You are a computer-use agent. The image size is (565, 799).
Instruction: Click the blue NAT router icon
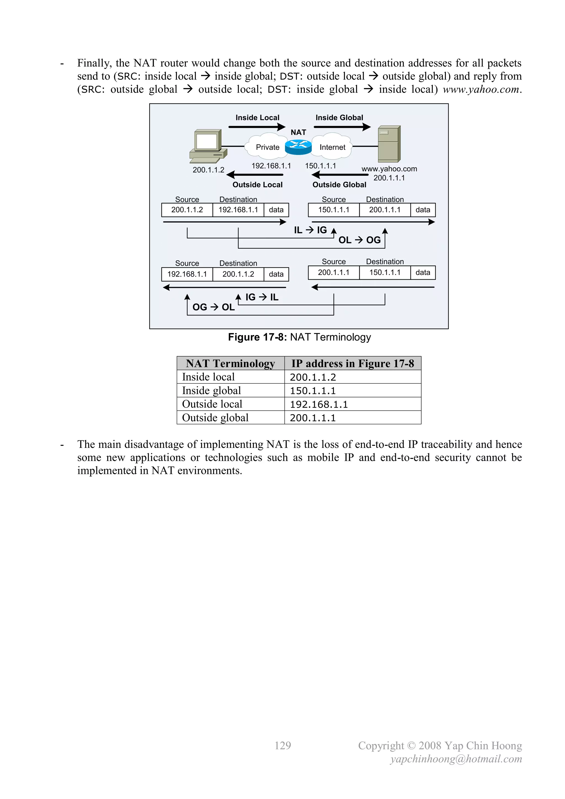pos(298,147)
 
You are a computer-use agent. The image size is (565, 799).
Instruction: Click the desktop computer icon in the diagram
pos(208,146)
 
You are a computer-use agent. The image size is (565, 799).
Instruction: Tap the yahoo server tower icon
pos(389,144)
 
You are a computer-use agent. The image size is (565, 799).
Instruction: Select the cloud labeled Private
pos(267,147)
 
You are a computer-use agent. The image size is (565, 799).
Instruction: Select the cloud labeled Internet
pos(332,147)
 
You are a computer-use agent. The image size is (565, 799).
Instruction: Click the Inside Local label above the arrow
pos(257,118)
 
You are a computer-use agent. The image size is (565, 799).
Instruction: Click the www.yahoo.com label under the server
pos(389,169)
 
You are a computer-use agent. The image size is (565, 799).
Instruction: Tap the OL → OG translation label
pos(359,240)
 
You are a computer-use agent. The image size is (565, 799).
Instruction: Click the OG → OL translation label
pos(213,307)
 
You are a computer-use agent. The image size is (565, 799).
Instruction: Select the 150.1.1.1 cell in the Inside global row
pos(313,391)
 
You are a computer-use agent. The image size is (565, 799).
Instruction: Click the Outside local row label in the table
pos(212,404)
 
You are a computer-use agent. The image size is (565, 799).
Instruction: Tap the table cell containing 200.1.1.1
pos(313,418)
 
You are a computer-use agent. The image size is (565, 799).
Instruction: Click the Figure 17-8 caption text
pos(299,337)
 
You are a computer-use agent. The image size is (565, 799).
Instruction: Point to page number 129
pos(282,745)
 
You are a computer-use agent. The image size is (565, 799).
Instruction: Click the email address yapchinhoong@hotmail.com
pos(456,759)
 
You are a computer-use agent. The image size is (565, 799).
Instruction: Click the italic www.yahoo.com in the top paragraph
pos(481,89)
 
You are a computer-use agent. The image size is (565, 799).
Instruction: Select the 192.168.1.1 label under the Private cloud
pos(271,166)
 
